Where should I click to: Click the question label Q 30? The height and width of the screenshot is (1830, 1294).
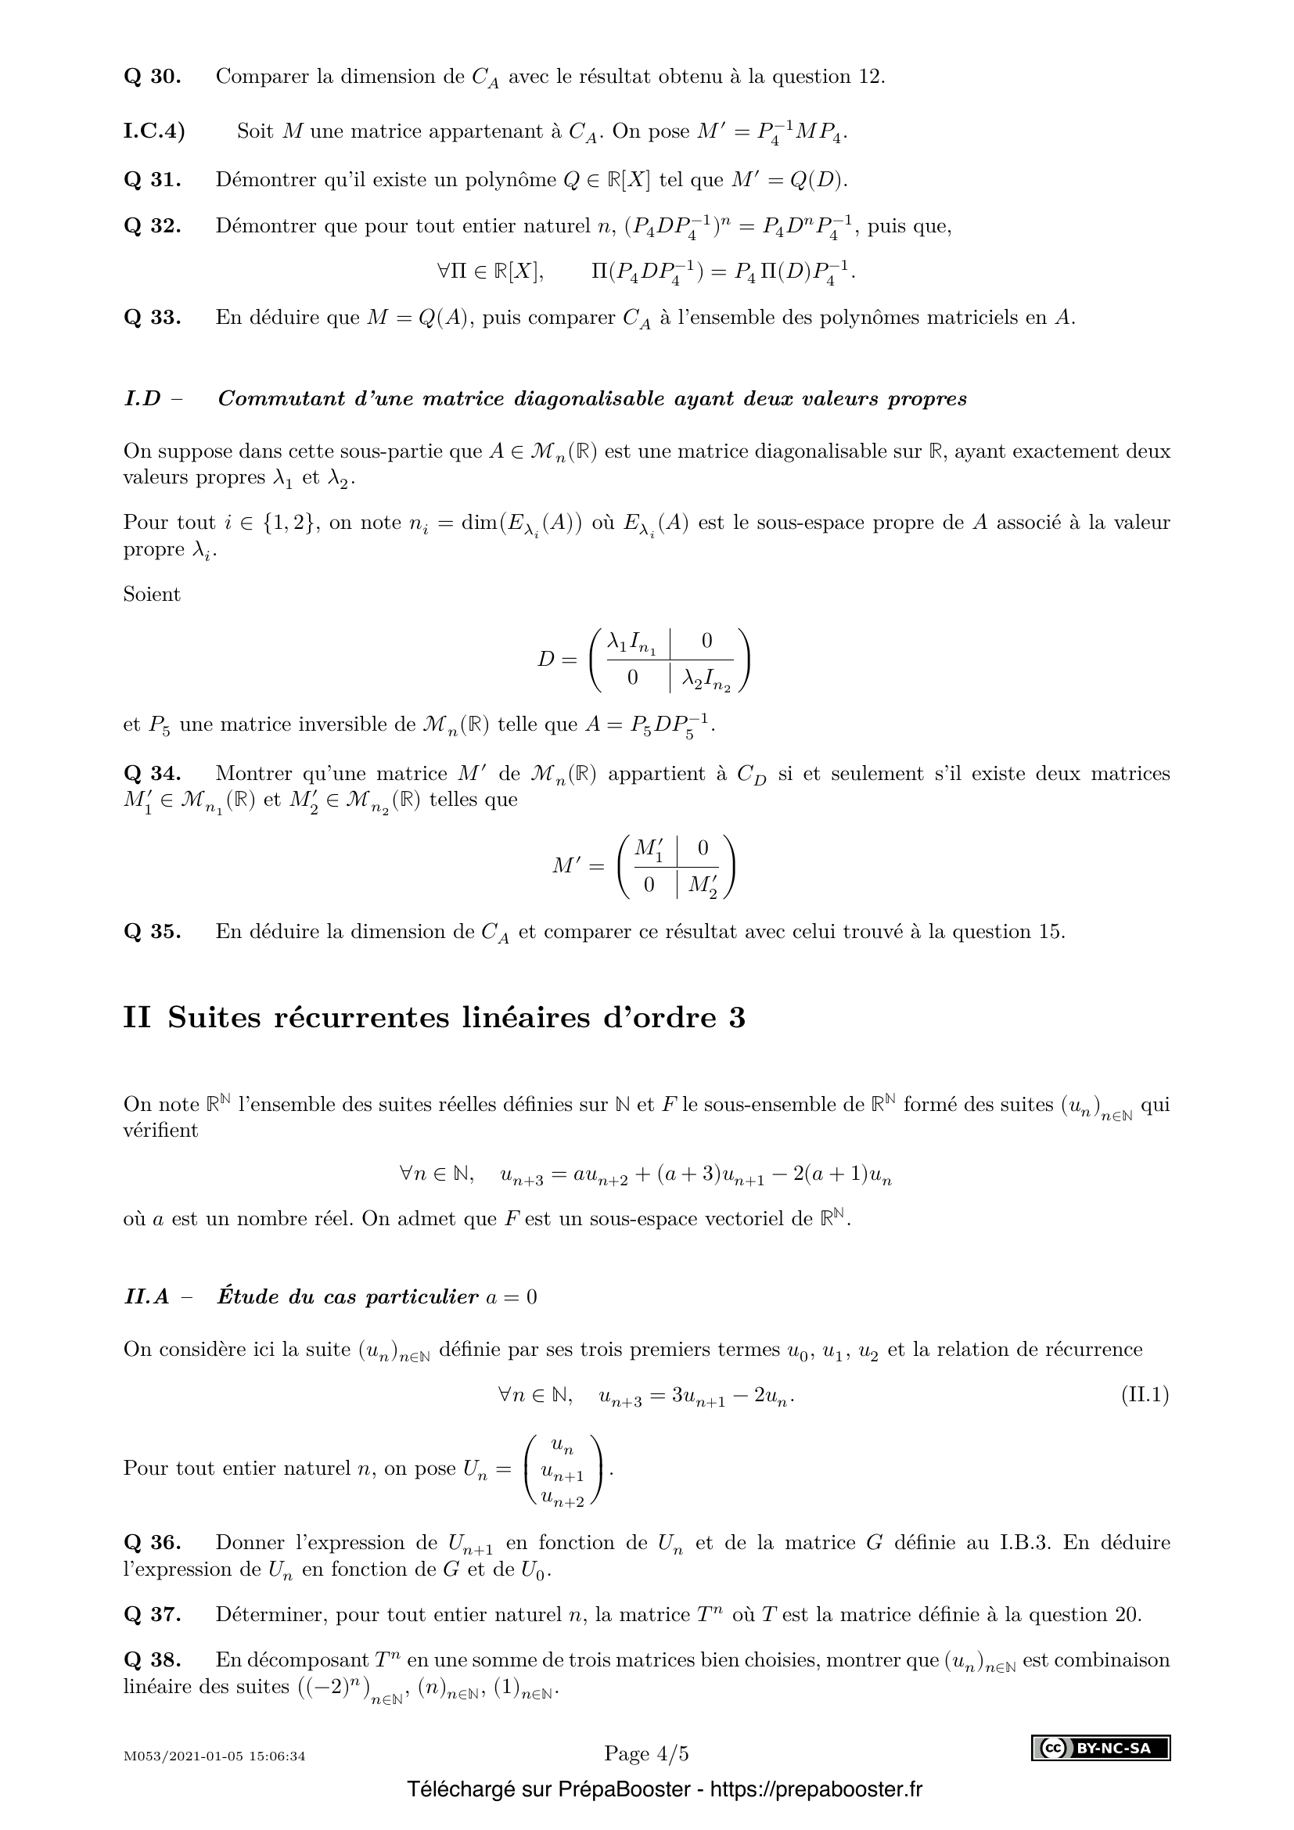(153, 77)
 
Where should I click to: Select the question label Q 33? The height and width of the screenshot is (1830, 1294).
(153, 317)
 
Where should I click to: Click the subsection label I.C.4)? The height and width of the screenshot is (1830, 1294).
(154, 131)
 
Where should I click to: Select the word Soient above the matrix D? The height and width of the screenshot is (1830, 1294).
(152, 595)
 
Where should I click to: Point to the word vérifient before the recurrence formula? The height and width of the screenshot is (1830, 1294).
(160, 1131)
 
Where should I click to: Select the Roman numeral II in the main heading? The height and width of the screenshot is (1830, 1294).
(137, 1018)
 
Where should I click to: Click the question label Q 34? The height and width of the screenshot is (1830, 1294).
(153, 773)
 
